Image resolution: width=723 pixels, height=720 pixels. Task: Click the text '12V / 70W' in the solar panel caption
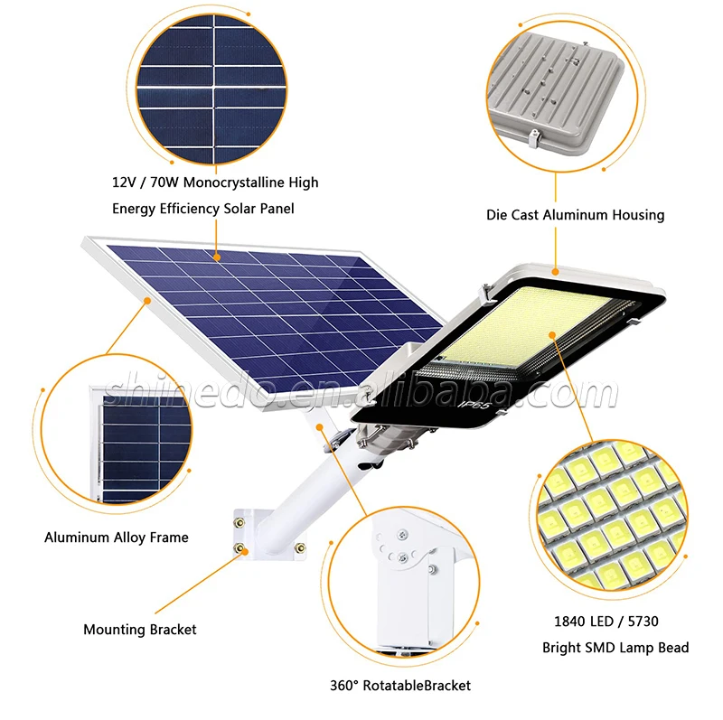[x=146, y=182]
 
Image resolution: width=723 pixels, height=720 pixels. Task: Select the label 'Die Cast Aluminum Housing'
[x=575, y=215]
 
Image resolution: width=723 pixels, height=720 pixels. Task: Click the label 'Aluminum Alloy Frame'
[x=117, y=538]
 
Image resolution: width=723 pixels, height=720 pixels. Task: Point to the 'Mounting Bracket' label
[x=140, y=630]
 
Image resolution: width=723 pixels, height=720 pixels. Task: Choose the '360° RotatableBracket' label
[x=400, y=686]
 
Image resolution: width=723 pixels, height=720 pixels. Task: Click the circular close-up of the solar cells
[x=212, y=89]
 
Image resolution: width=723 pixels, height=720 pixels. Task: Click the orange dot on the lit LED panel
[x=552, y=335]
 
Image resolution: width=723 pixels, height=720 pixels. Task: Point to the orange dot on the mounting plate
[x=245, y=552]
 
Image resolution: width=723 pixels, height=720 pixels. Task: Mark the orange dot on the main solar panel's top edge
[x=216, y=257]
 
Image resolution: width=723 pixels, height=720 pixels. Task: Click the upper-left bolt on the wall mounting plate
[x=239, y=523]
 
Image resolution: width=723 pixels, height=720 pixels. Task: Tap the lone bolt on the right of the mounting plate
[x=300, y=548]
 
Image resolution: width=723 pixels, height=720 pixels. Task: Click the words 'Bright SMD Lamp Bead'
[x=615, y=648]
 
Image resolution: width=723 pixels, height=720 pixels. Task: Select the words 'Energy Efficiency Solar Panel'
[x=202, y=209]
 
